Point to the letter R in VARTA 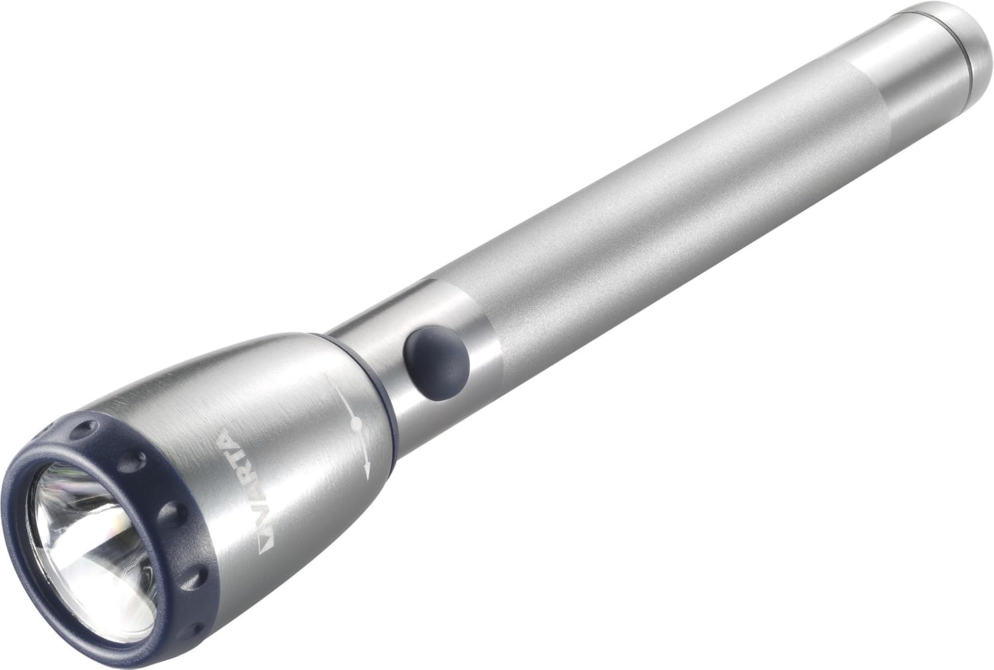point(236,473)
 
